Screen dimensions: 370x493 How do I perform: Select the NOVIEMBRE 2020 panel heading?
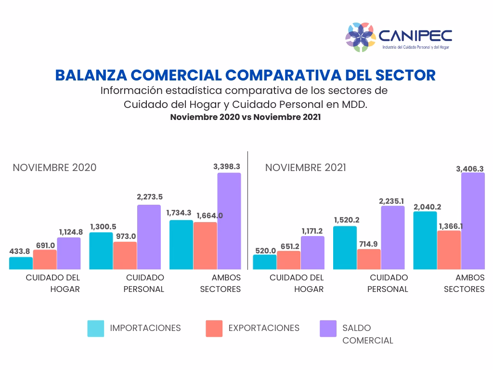pyautogui.click(x=54, y=168)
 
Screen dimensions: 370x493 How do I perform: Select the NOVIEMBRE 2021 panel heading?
pyautogui.click(x=305, y=168)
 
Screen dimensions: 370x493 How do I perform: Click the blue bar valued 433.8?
pyautogui.click(x=21, y=263)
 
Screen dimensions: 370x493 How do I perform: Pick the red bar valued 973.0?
pyautogui.click(x=125, y=255)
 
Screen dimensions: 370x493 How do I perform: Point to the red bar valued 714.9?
pyautogui.click(x=369, y=259)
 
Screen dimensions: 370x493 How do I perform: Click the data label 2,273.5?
pyautogui.click(x=150, y=197)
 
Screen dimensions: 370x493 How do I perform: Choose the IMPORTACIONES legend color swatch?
pyautogui.click(x=96, y=328)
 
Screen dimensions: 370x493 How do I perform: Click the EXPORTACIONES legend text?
pyautogui.click(x=264, y=328)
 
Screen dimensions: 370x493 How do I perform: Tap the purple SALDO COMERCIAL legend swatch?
pyautogui.click(x=328, y=328)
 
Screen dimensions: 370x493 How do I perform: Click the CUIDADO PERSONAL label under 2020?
pyautogui.click(x=144, y=283)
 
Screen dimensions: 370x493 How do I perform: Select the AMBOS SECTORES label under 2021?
pyautogui.click(x=464, y=283)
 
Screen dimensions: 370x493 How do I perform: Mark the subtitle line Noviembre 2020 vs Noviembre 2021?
pyautogui.click(x=245, y=117)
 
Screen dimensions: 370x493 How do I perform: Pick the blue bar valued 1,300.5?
pyautogui.click(x=101, y=251)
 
